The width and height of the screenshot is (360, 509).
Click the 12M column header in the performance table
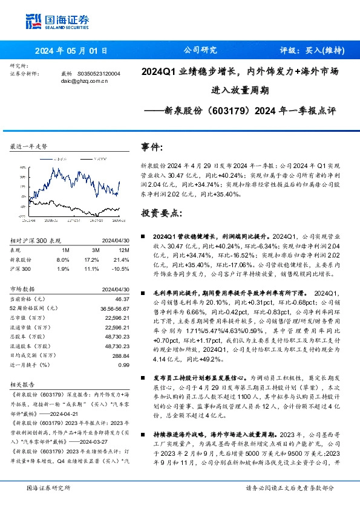(124, 250)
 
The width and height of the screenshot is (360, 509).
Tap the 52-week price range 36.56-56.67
(114, 308)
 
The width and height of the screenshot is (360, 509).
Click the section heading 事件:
(151, 147)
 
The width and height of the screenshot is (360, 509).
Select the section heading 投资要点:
(160, 213)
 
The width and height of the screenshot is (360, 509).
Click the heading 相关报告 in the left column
(21, 384)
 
